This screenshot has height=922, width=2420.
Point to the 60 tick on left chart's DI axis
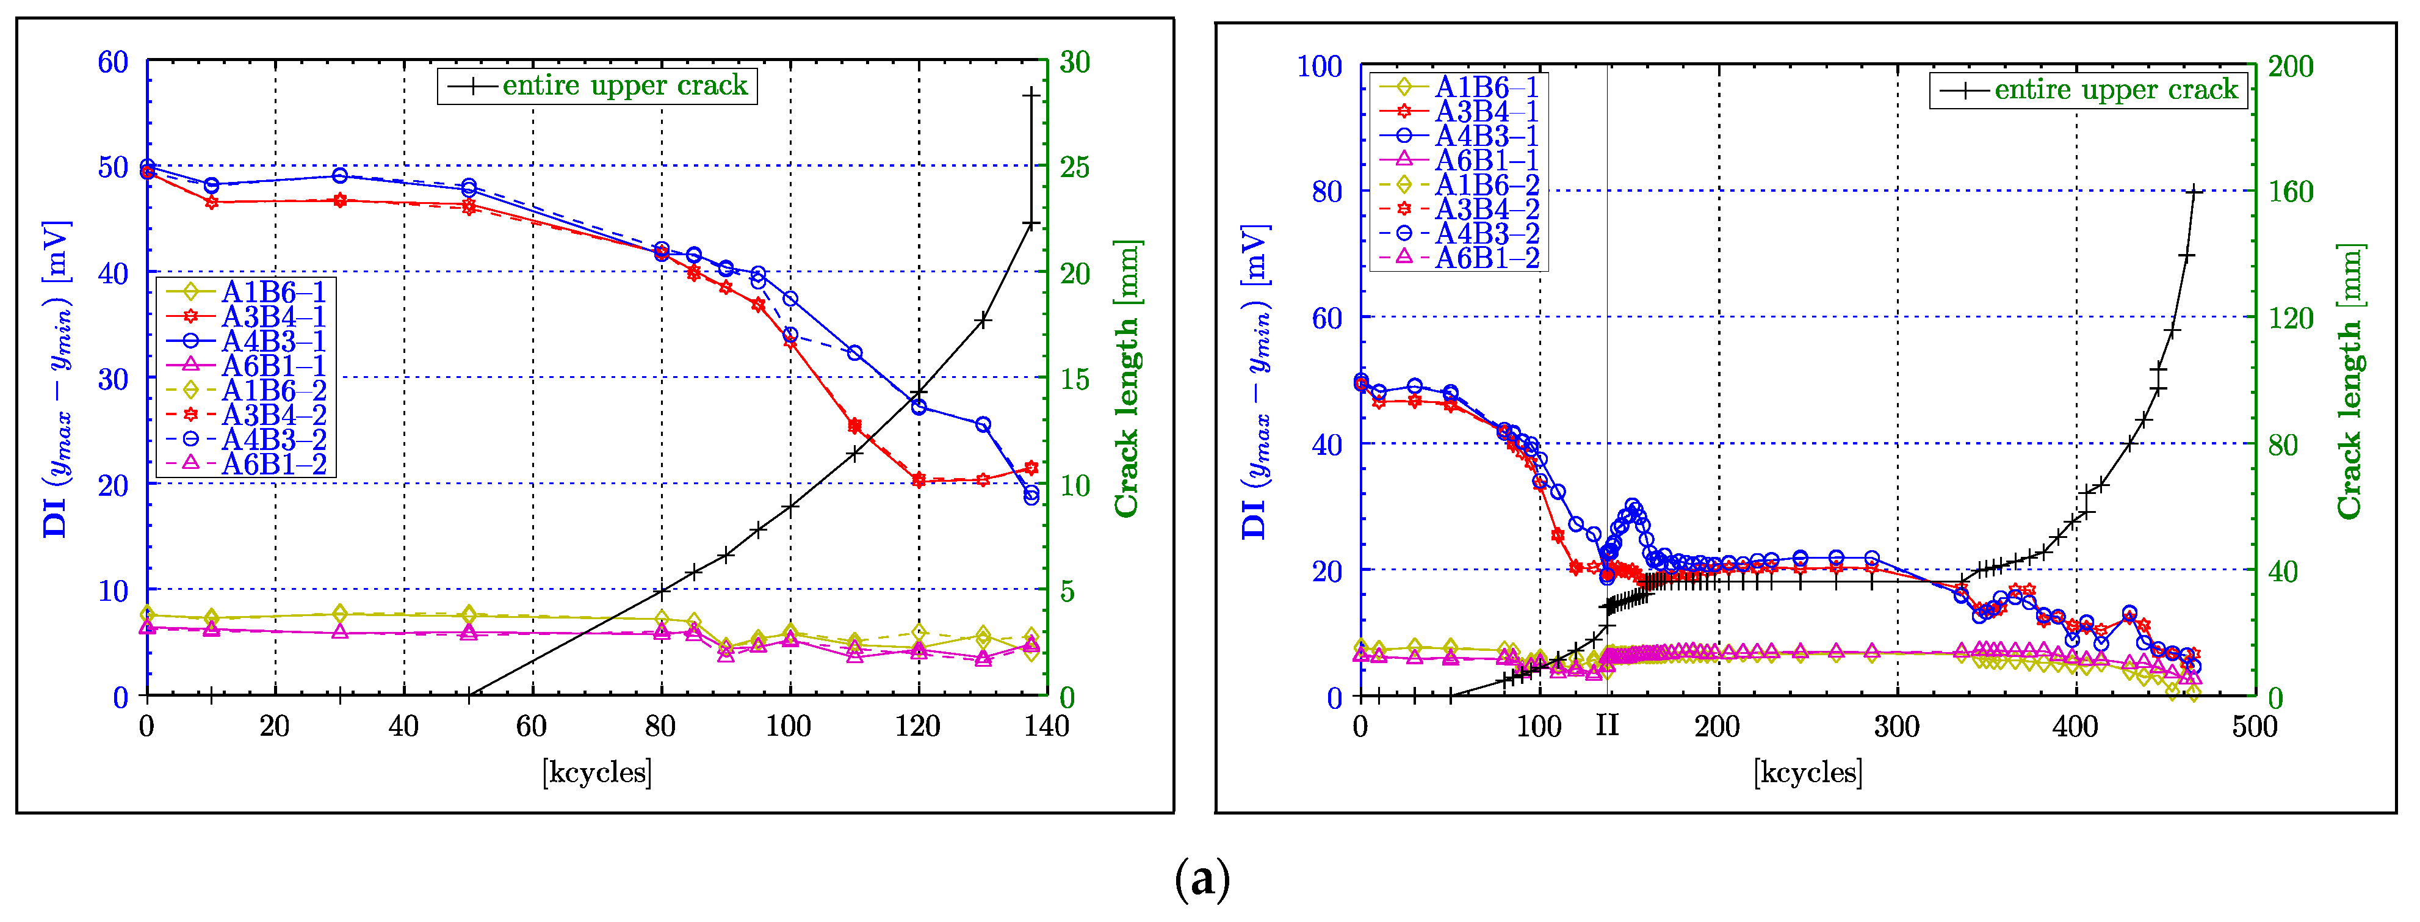(x=113, y=62)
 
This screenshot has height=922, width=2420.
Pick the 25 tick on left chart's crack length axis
(x=1075, y=167)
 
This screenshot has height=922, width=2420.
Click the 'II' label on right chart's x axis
(x=1608, y=725)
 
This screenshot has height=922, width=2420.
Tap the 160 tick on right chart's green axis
(x=2291, y=192)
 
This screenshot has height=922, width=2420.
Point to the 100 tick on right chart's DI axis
(x=1319, y=67)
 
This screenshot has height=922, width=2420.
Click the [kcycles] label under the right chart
(x=1807, y=772)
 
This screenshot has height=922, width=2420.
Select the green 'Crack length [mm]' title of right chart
(x=2350, y=380)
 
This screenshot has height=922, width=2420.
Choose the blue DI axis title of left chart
(x=56, y=380)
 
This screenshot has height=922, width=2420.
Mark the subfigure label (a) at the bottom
(x=1202, y=880)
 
